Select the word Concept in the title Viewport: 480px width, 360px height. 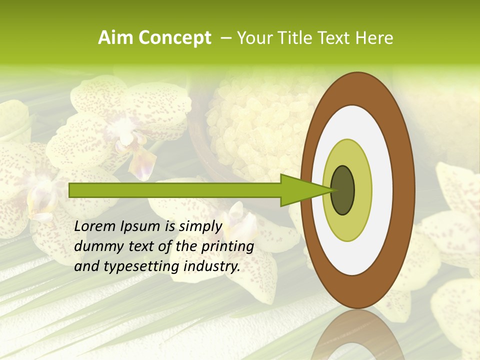click(174, 38)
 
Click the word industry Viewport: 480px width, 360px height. click(214, 266)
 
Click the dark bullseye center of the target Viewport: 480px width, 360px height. click(342, 190)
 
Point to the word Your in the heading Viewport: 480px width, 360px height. click(252, 38)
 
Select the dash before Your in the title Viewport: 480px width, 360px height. click(225, 38)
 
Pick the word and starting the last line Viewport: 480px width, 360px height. click(86, 266)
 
